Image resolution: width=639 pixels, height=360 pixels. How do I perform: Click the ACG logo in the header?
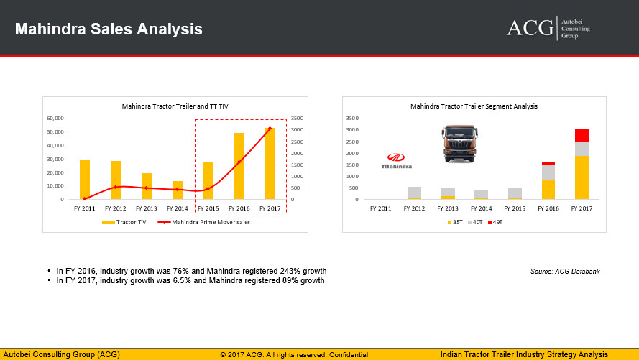point(548,28)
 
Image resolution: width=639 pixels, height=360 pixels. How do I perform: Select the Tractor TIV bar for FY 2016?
point(239,166)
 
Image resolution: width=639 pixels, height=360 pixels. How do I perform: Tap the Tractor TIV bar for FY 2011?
point(85,180)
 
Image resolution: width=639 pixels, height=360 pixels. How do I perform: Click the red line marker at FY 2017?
point(270,129)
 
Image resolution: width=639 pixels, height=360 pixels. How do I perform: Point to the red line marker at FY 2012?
point(115,187)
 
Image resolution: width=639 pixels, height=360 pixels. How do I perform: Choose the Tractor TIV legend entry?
point(124,222)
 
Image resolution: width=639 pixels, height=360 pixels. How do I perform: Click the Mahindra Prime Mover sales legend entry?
point(203,222)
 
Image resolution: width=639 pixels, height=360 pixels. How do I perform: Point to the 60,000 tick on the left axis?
point(55,118)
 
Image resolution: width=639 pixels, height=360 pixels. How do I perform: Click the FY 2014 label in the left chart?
point(178,208)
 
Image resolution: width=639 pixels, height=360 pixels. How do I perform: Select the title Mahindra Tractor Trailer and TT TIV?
point(175,106)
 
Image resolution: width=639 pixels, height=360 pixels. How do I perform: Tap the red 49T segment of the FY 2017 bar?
point(581,135)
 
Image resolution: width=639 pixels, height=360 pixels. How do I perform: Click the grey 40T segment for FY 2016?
point(548,172)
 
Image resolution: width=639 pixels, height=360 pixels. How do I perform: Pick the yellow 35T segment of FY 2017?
point(581,177)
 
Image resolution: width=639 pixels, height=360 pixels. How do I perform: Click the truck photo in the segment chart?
point(460,144)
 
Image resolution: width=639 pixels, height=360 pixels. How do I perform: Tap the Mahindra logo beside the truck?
point(397,161)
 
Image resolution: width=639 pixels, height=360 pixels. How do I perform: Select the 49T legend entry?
point(495,222)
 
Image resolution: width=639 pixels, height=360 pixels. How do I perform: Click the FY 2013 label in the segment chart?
point(448,208)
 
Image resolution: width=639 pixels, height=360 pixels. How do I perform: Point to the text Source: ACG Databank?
point(565,271)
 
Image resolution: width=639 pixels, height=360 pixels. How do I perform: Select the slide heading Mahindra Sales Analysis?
point(109,29)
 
